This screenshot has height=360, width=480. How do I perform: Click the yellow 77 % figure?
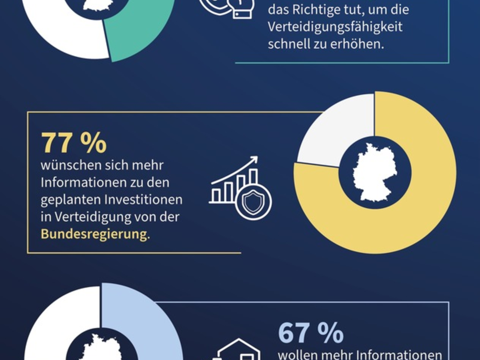point(74,143)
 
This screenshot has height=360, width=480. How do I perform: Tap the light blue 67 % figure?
point(310,333)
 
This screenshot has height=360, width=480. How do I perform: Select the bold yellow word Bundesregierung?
point(94,234)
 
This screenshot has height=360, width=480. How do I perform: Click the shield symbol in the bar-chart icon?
point(253,203)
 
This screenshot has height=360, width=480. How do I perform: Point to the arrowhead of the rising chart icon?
point(254,160)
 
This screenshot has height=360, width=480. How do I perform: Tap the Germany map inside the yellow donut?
point(374,172)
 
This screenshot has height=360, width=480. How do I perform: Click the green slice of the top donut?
point(140,36)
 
